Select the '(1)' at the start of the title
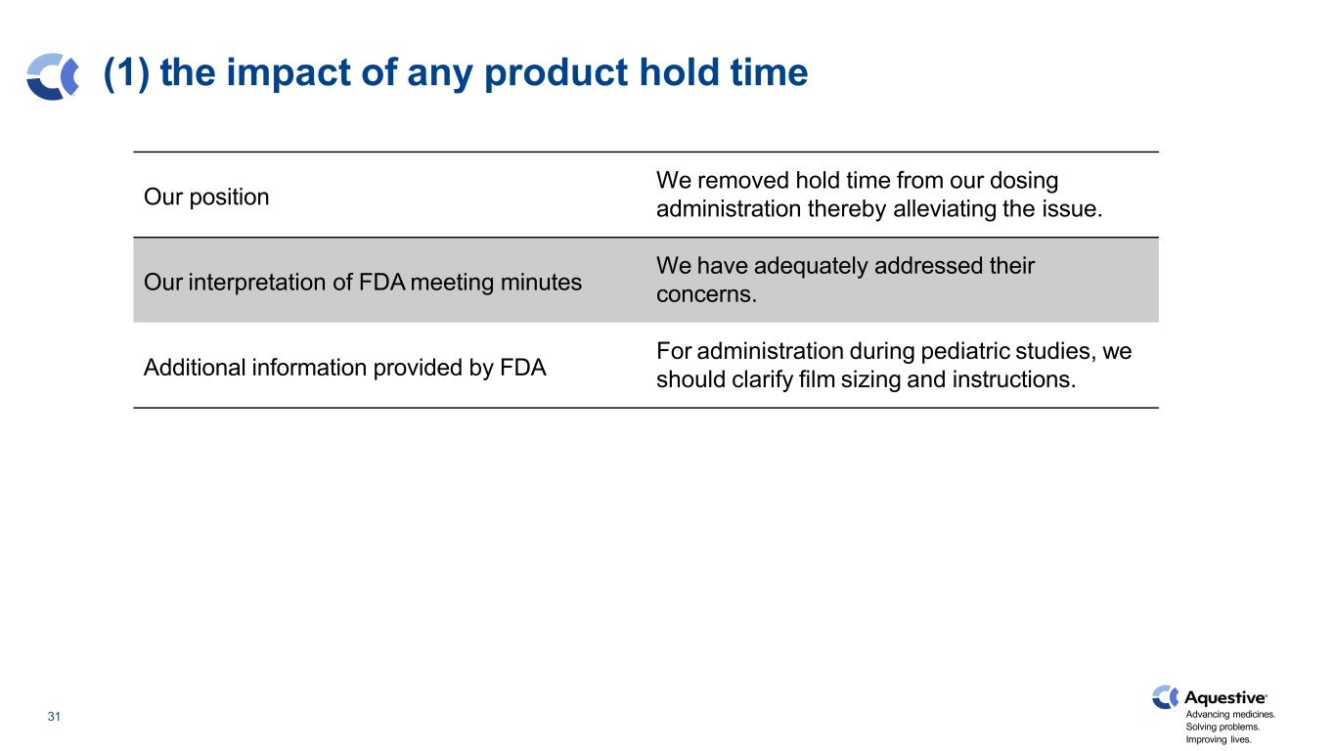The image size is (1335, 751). tap(126, 73)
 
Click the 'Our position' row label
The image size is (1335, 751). tap(206, 197)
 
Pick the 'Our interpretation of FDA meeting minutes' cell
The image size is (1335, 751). tap(362, 282)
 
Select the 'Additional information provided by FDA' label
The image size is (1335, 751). tap(344, 367)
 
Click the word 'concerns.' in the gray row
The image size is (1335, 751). tap(706, 294)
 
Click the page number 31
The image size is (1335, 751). tap(54, 717)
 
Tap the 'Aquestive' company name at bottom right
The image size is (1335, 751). tap(1225, 697)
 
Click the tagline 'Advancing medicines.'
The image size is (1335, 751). tap(1230, 714)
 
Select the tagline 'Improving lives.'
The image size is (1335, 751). tap(1219, 739)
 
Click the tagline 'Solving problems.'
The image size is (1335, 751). tap(1223, 727)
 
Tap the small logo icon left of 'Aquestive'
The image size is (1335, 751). tap(1164, 697)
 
